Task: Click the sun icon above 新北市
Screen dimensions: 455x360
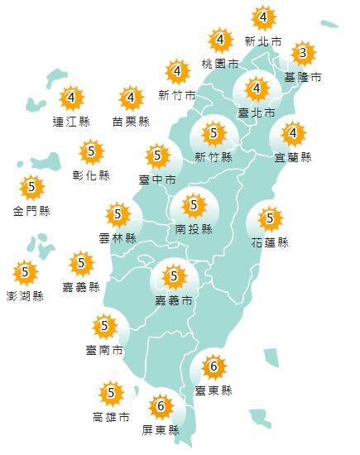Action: [x=262, y=17]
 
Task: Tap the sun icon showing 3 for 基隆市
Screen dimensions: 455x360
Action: [x=303, y=55]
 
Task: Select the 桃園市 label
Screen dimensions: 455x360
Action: [x=220, y=63]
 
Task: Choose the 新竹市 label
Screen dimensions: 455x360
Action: [x=177, y=95]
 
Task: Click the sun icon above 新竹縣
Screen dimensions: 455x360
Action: [x=214, y=132]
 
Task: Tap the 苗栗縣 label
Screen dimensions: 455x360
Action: [x=131, y=122]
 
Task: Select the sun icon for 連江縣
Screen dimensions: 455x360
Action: [x=72, y=99]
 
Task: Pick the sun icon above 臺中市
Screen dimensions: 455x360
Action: [x=157, y=155]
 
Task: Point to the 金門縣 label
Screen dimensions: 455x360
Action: [x=32, y=211]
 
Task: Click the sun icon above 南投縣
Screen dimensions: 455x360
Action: [x=194, y=204]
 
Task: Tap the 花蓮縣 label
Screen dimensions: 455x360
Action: [x=270, y=242]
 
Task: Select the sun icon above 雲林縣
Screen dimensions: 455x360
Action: [x=118, y=214]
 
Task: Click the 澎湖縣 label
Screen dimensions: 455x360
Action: [x=26, y=295]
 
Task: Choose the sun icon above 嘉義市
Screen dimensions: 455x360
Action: [x=174, y=275]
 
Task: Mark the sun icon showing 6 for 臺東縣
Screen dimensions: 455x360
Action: [x=214, y=366]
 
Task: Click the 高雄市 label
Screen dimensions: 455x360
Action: [x=111, y=416]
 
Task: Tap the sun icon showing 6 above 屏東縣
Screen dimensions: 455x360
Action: [x=161, y=406]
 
